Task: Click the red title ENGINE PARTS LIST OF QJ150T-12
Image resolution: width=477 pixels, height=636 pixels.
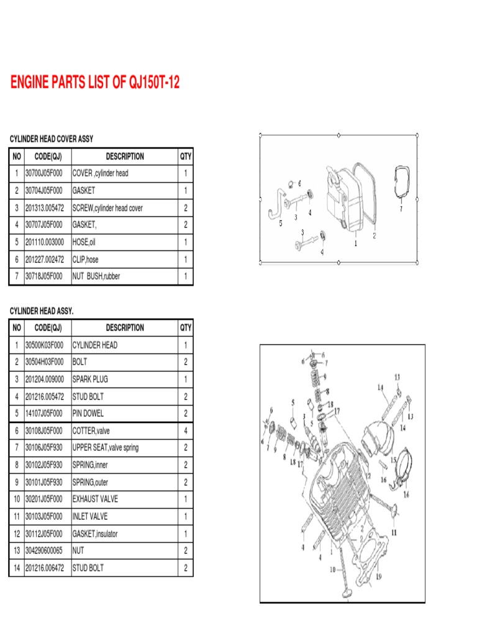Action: [x=95, y=83]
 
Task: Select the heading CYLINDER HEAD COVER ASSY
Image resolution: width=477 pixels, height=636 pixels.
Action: [x=51, y=139]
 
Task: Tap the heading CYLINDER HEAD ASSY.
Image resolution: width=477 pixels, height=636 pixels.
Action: [x=41, y=311]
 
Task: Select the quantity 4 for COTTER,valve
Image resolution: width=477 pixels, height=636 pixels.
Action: [x=186, y=430]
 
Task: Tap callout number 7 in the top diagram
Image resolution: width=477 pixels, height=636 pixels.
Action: [x=401, y=209]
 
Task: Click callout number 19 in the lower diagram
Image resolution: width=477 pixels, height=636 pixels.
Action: [x=379, y=576]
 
